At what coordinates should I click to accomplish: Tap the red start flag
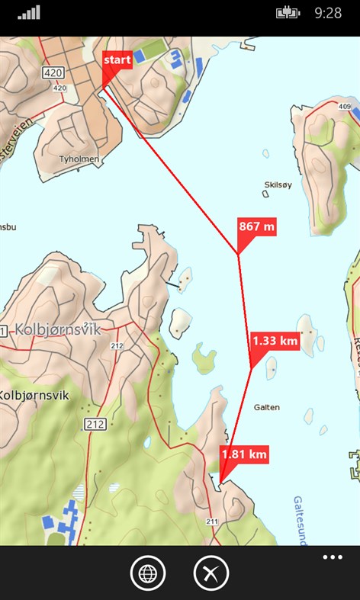(117, 59)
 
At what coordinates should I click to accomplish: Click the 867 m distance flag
(257, 226)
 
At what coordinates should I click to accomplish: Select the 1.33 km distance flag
(275, 341)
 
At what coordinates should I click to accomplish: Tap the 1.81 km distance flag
(244, 455)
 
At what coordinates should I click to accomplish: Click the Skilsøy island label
(278, 184)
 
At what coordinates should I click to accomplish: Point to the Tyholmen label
(79, 159)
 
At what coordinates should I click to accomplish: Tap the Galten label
(266, 407)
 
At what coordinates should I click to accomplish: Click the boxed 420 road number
(53, 73)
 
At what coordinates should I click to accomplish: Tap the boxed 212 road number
(95, 424)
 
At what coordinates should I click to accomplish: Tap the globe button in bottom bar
(147, 573)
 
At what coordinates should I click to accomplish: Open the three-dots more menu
(333, 557)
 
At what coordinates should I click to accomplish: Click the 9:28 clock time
(328, 13)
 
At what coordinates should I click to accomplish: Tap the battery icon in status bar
(290, 12)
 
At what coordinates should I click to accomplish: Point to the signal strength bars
(29, 13)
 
